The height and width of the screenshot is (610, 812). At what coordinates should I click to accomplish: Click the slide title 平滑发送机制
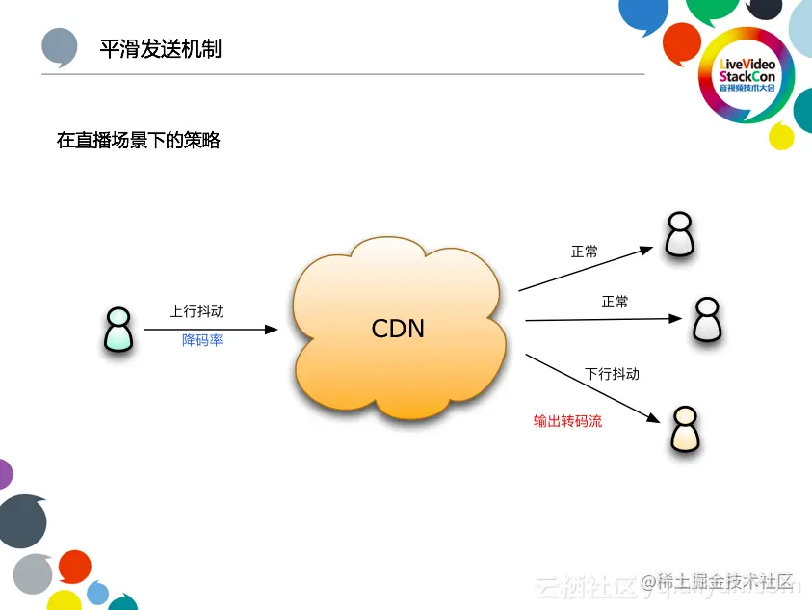(161, 48)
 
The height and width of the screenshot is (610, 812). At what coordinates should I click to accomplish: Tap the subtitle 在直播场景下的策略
(139, 141)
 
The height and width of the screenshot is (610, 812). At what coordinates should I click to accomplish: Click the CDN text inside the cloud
(398, 329)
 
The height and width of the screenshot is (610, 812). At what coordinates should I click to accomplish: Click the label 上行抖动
(197, 311)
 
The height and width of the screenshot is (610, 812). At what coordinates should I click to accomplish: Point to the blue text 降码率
(202, 340)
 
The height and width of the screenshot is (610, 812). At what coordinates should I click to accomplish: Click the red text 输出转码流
(567, 421)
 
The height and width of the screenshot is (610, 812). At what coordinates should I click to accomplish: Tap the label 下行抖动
(612, 373)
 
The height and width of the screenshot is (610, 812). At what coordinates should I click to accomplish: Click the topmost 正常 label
(585, 252)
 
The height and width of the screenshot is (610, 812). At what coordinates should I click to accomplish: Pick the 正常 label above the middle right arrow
(615, 302)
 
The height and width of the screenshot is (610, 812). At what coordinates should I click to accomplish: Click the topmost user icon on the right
(680, 234)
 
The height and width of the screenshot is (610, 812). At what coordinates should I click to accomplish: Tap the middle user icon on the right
(707, 319)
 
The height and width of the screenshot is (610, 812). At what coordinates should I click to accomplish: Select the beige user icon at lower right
(685, 430)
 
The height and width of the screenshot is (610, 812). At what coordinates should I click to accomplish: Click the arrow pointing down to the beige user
(592, 390)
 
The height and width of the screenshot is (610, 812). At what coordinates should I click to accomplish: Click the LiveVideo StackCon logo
(746, 74)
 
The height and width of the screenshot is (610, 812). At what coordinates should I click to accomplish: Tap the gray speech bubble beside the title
(60, 46)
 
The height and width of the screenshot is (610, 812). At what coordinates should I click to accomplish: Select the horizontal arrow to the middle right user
(604, 318)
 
